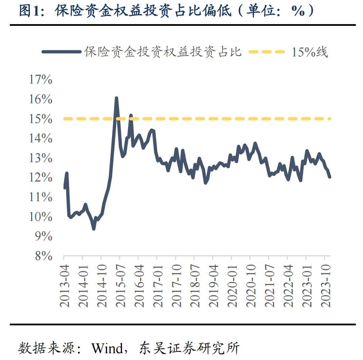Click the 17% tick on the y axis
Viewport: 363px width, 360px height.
click(40, 80)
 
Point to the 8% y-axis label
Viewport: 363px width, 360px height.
click(43, 256)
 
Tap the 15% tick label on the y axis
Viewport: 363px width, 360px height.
click(40, 119)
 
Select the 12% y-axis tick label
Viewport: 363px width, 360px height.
click(40, 178)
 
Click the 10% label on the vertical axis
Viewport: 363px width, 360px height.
click(40, 217)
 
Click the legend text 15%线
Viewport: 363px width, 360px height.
click(309, 52)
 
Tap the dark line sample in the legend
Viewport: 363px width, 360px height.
click(61, 52)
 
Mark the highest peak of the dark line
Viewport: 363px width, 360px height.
click(116, 98)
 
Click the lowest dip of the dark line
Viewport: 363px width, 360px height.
click(94, 229)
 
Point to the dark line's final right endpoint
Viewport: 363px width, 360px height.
click(329, 177)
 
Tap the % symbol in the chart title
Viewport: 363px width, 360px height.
click(297, 11)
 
